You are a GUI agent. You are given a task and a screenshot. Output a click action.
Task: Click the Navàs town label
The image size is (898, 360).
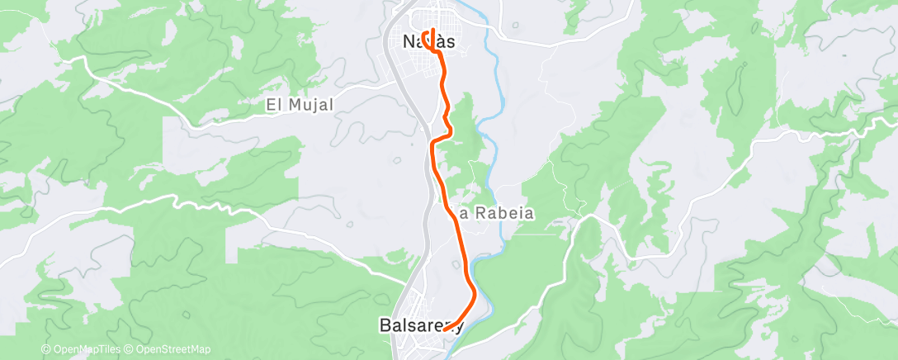(429, 40)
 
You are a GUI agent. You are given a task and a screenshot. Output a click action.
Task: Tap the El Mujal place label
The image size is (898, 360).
(299, 105)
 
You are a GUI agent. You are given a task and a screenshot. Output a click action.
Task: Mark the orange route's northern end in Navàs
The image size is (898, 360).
(432, 31)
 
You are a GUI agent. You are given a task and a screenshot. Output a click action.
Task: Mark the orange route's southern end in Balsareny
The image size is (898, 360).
(445, 329)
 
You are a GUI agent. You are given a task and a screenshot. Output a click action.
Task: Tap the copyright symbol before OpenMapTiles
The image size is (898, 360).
(45, 350)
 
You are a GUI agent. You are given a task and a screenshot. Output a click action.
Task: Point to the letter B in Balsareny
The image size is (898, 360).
(385, 324)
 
